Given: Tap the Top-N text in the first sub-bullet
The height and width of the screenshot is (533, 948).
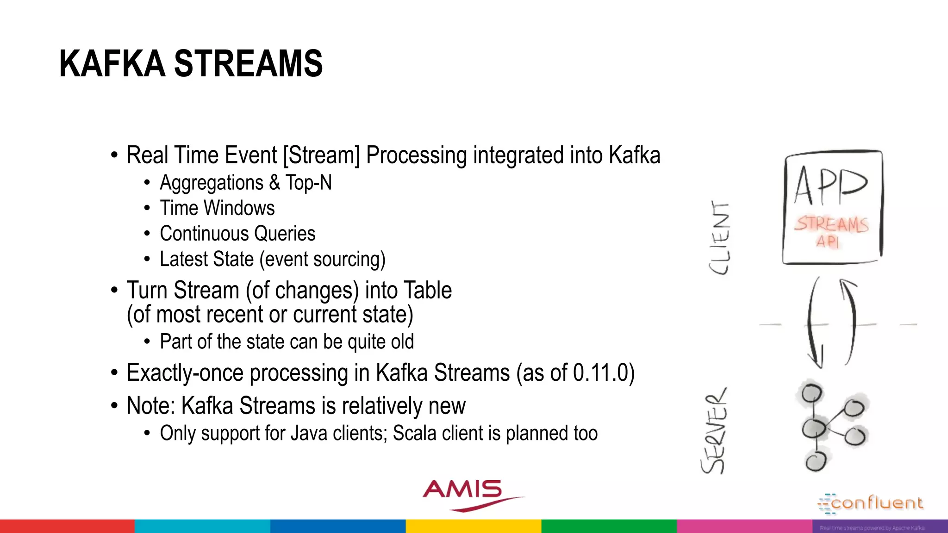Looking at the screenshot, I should pyautogui.click(x=308, y=183).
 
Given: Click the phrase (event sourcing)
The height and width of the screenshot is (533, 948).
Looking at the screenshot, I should pyautogui.click(x=322, y=260).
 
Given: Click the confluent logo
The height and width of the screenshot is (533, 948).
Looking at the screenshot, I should pyautogui.click(x=871, y=503).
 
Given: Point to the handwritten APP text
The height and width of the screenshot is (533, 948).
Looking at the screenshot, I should pyautogui.click(x=830, y=186).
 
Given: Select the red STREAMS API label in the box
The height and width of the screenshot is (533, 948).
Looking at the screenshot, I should pyautogui.click(x=831, y=230).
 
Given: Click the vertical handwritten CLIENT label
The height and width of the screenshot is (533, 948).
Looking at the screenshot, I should pyautogui.click(x=720, y=238).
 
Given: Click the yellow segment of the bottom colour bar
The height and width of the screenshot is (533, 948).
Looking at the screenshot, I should pyautogui.click(x=474, y=526).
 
